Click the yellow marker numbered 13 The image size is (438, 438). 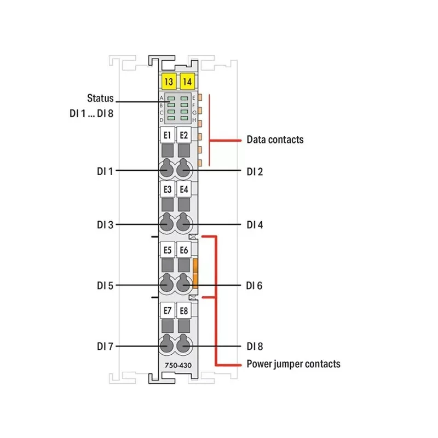(169, 82)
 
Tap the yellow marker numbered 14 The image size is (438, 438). (187, 82)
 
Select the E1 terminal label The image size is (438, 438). (168, 135)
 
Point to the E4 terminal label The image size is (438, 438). (184, 189)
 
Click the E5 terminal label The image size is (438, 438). (168, 250)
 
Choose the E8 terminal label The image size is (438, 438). (184, 310)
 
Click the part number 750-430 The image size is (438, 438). (178, 365)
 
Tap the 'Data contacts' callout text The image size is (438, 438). (275, 140)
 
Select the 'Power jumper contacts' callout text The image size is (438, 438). (293, 364)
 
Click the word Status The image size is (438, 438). (100, 98)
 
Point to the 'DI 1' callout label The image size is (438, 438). (105, 171)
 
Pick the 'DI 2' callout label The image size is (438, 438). (255, 171)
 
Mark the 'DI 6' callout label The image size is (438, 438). (254, 285)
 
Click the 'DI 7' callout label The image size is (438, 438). (105, 347)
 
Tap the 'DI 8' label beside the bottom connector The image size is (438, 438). (255, 347)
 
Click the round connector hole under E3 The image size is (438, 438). (167, 223)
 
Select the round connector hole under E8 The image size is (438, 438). (183, 344)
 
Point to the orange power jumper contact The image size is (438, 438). (195, 273)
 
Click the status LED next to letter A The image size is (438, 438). (171, 99)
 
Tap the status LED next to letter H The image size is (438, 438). (184, 118)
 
